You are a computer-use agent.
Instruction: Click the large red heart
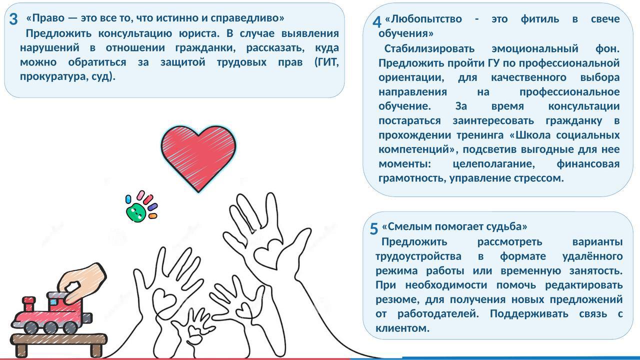coord(198,155)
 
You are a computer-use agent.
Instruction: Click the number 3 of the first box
coord(13,19)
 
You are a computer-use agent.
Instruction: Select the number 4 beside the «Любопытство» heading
coord(377,22)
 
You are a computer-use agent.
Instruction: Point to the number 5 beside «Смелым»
coord(374,229)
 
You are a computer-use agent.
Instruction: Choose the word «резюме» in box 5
coord(397,299)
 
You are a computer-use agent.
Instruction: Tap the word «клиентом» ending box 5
coord(402,328)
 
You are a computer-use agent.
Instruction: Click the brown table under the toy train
coord(59,340)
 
